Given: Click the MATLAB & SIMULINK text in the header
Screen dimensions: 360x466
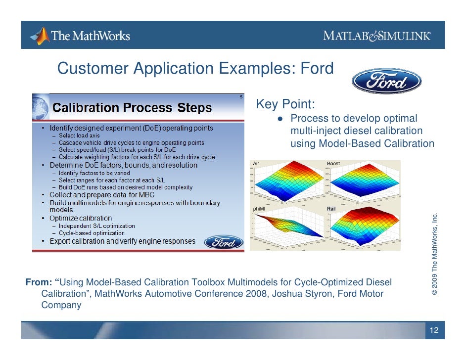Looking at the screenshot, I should (377, 36).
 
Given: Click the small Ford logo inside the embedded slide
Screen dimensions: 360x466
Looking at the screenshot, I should (224, 242).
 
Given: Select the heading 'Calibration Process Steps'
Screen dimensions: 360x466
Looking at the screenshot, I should (132, 108).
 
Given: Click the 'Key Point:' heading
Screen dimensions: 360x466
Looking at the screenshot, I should (285, 105).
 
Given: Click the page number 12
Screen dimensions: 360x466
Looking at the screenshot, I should (434, 330).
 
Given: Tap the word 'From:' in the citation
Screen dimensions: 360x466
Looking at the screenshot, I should (42, 282).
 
